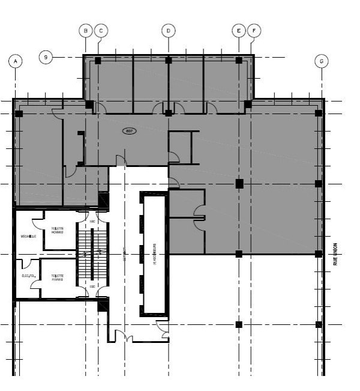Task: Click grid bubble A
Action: (16, 61)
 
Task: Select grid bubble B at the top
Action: (86, 30)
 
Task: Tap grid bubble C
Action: (100, 30)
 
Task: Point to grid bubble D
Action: (168, 30)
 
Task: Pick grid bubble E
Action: (239, 30)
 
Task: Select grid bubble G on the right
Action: (322, 61)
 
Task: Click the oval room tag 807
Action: (129, 130)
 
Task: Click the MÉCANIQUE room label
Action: (28, 236)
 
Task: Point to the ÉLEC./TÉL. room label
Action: (28, 276)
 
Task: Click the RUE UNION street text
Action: (336, 253)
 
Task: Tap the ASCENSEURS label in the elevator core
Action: (154, 253)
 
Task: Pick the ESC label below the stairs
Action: (92, 286)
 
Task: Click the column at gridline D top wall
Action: (169, 60)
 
